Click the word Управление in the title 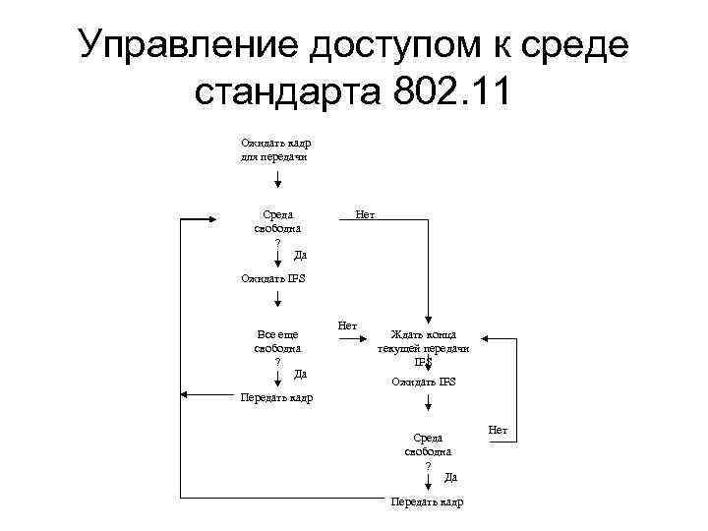pos(187,44)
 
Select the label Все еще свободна pos(277,341)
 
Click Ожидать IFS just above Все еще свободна pos(273,278)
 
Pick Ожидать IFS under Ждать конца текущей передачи pos(423,382)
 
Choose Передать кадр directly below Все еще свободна pos(276,397)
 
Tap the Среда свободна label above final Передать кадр pos(428,444)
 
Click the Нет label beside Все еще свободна pos(347,324)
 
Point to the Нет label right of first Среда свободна pos(365,213)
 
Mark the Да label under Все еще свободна pos(301,374)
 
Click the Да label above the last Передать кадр pos(449,477)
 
